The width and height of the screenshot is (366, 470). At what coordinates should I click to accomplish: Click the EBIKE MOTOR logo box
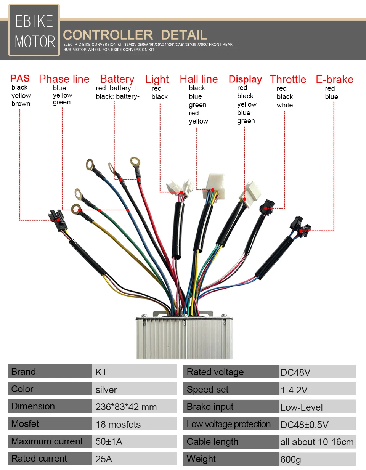34,30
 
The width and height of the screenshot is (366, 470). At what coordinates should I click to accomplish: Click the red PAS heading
20,79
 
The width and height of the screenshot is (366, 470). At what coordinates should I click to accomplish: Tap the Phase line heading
64,79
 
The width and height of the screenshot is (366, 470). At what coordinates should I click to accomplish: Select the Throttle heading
288,79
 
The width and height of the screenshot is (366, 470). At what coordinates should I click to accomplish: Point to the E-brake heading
334,79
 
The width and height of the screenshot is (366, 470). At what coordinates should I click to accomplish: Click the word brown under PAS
21,104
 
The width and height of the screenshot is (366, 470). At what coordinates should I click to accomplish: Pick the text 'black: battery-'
117,96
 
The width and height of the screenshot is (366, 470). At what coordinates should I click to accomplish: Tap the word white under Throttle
285,105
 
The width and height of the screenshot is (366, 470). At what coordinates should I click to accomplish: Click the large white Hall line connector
215,185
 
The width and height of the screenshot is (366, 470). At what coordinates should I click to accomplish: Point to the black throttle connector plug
267,206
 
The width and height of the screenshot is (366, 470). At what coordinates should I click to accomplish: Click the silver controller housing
184,337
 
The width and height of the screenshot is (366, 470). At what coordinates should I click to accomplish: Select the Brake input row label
231,407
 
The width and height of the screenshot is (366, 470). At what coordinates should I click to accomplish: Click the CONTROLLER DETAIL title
135,35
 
